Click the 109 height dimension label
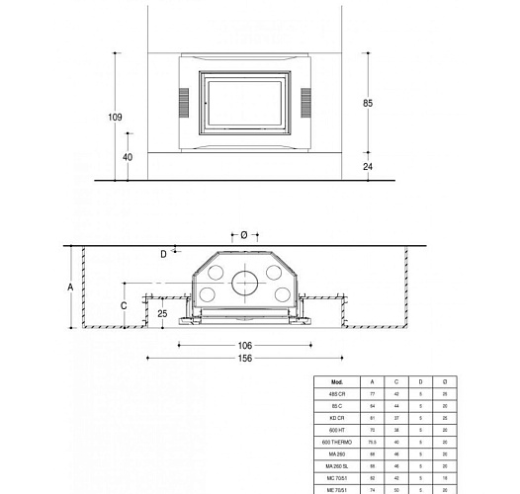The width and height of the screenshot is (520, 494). click(x=115, y=119)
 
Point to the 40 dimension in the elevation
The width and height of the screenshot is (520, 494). click(x=128, y=157)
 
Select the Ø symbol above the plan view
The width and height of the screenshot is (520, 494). click(x=244, y=235)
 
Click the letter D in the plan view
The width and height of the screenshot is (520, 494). click(x=163, y=254)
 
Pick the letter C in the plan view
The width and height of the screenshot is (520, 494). click(x=124, y=305)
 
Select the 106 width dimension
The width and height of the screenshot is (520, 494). click(x=245, y=345)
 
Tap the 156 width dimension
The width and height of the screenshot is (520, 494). click(x=245, y=358)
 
